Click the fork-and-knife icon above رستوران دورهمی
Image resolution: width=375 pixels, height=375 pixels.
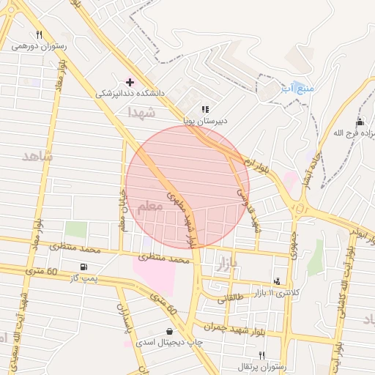[x=39, y=34]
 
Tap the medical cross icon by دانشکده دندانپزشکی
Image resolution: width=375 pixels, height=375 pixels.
[x=130, y=82]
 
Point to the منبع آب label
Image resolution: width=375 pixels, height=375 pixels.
[x=297, y=88]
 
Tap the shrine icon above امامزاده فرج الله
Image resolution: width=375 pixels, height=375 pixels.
[x=360, y=121]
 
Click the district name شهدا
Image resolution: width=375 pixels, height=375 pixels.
[x=141, y=113]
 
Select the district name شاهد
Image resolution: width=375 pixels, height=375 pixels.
[x=37, y=156]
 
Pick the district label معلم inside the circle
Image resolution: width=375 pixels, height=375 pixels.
[x=152, y=207]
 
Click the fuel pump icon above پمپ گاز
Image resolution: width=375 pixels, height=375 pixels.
[x=86, y=266]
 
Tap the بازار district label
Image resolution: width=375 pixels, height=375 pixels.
[x=224, y=267]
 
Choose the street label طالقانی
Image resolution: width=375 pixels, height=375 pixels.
[x=232, y=298]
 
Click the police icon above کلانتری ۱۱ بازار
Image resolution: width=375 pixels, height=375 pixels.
[x=276, y=281]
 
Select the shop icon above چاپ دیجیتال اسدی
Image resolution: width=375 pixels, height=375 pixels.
[x=170, y=331]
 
